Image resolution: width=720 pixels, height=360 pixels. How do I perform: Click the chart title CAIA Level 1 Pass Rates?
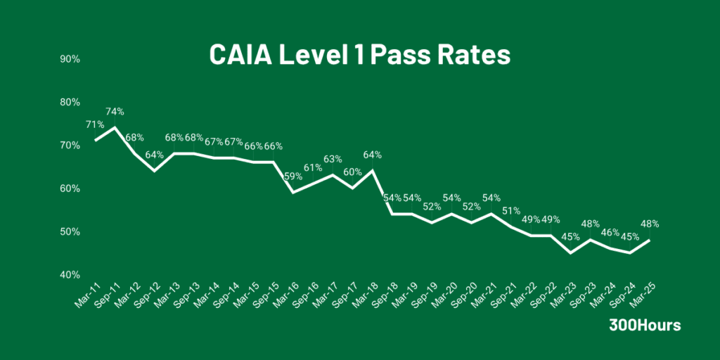tap(359, 55)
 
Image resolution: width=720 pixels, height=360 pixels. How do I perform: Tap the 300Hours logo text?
tap(644, 326)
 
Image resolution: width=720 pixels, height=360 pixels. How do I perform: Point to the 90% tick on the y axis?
tap(70, 59)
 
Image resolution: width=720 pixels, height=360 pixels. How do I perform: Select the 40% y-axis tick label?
tap(70, 275)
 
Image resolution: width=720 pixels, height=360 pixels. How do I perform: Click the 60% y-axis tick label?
tap(70, 188)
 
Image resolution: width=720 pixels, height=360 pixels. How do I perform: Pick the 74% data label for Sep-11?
tap(115, 111)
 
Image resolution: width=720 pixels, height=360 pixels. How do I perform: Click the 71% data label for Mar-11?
tap(95, 124)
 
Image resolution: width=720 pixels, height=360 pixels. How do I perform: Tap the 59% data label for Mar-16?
tap(292, 176)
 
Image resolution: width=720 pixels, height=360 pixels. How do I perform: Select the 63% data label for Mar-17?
tap(333, 159)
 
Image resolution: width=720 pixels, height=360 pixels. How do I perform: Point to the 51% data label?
tap(511, 211)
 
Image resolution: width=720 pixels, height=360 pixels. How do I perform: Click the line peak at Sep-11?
tap(115, 127)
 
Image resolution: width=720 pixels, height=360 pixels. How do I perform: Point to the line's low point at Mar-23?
tap(570, 253)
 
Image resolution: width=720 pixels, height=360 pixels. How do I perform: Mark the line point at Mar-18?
tap(372, 170)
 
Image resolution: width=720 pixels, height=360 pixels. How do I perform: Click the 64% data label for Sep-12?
tap(155, 155)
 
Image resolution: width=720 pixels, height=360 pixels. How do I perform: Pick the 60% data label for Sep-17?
tap(352, 172)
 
